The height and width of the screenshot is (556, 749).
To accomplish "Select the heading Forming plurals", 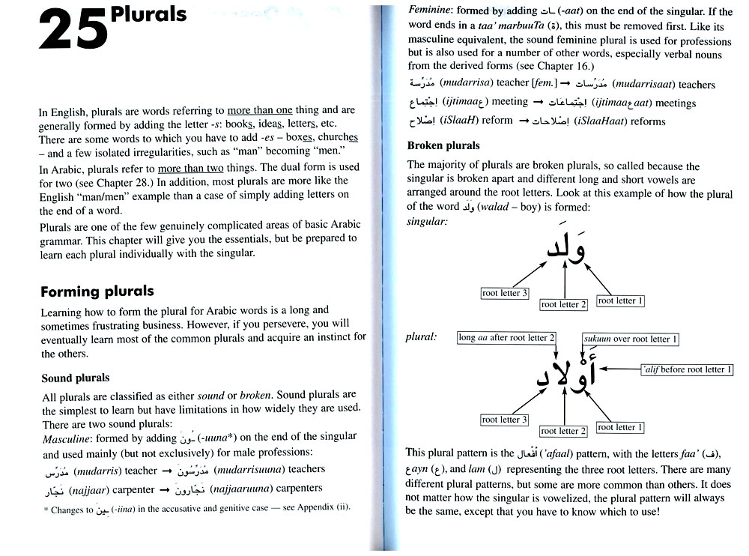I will click(x=97, y=291).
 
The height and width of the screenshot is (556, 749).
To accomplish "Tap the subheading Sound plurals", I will click(x=75, y=378).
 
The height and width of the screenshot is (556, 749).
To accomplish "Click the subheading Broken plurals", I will click(x=443, y=145).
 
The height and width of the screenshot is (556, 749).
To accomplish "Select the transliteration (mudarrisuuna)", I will click(x=250, y=470).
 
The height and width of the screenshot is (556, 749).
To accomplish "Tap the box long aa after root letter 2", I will click(x=506, y=338).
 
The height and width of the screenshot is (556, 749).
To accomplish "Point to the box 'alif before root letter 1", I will click(x=687, y=369).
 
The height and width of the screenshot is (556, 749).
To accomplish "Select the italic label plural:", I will click(x=421, y=337).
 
